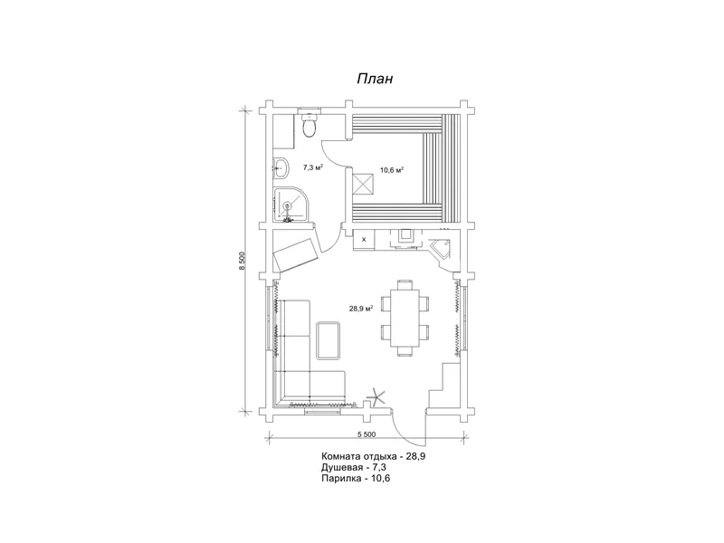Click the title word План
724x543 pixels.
[375, 79]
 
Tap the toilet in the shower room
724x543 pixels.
[309, 123]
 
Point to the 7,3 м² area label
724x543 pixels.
[312, 167]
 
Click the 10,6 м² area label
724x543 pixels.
[392, 169]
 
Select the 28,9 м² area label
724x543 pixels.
[360, 309]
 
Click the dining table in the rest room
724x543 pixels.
[405, 319]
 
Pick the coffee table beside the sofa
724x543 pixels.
[329, 340]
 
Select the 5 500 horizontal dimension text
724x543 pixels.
[367, 434]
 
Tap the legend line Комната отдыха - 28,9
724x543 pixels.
[373, 456]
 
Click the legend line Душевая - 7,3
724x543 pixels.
[354, 467]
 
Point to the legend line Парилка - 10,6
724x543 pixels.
[356, 479]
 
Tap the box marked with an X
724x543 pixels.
[364, 239]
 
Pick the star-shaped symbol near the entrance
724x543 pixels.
[376, 397]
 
